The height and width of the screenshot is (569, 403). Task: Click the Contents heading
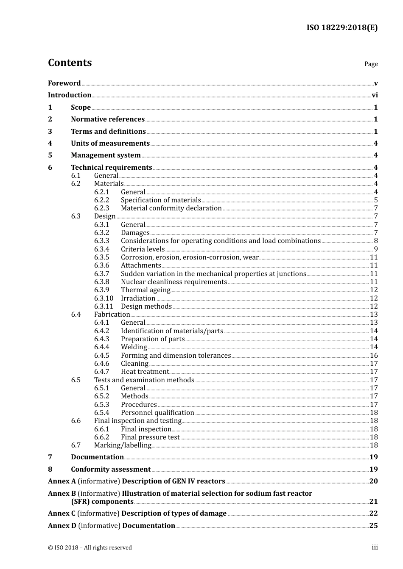70,63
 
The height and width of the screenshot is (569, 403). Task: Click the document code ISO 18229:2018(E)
342,28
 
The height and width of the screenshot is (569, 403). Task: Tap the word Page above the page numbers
371,64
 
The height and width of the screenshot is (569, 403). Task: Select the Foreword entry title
64,83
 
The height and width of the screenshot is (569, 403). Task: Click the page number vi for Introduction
375,95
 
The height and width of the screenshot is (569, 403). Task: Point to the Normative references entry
108,119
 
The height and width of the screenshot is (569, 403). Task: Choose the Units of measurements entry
110,144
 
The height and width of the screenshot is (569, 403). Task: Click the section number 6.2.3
101,208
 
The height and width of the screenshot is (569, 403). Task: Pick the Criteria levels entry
143,249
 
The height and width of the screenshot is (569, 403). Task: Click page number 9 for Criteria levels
375,249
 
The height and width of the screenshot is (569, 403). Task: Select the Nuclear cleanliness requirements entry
174,282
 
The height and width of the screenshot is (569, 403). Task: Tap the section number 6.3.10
104,298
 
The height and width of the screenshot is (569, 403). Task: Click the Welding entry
134,347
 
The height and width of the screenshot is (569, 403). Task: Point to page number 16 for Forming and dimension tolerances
374,356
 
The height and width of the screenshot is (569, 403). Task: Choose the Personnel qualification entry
157,413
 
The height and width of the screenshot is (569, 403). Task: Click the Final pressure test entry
150,437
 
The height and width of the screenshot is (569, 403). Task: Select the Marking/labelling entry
123,445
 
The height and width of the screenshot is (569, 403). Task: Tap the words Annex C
62,514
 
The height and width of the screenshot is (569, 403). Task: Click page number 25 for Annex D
373,526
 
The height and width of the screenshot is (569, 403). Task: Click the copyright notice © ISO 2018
90,548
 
